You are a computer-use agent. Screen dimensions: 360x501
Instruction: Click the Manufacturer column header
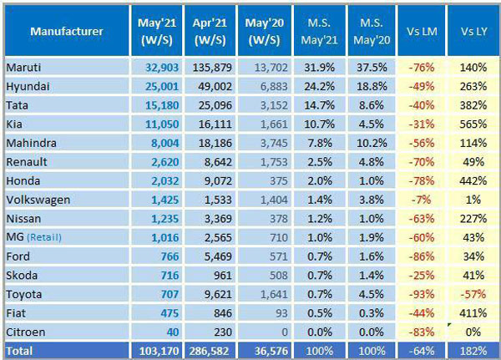[67, 32]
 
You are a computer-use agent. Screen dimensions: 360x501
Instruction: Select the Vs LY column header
[473, 32]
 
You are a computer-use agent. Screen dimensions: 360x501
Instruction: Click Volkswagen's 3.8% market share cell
[365, 199]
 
